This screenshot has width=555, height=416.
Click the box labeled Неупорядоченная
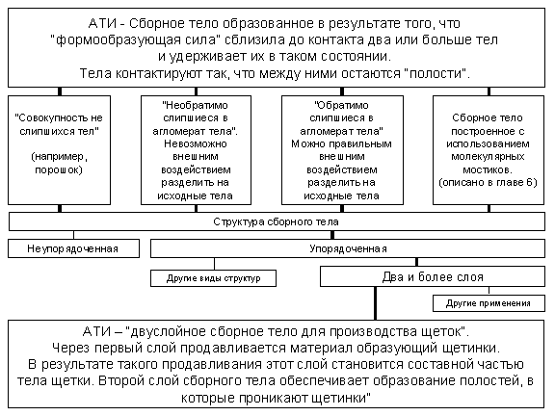coord(73,248)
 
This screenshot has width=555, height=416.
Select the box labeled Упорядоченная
coord(348,248)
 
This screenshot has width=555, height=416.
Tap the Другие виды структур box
coord(214,278)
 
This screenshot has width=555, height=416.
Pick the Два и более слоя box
coord(433,276)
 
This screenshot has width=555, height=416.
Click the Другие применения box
coord(489,303)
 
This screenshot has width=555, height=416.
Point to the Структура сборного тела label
coord(276,221)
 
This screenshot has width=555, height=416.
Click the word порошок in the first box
coord(59,169)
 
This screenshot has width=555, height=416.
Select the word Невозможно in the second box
coord(196,144)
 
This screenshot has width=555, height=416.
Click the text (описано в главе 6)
coord(488,183)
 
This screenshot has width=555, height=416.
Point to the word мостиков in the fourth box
coord(488,169)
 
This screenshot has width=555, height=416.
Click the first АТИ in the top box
coord(102,24)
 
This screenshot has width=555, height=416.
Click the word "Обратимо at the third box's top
coord(341,105)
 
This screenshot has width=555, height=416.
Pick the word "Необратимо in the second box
coord(196,105)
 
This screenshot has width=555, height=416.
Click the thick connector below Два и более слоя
coord(375,303)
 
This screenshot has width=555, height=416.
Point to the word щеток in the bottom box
coord(446,332)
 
